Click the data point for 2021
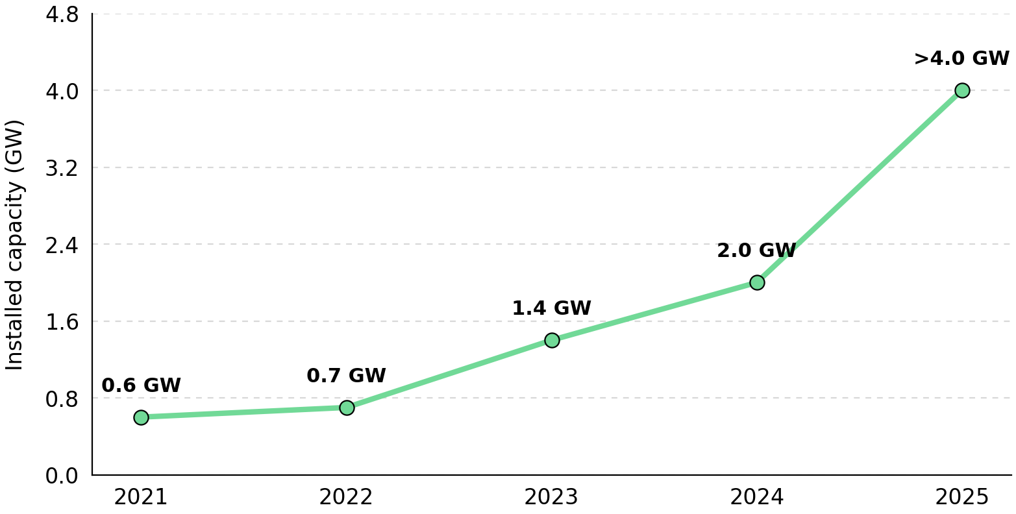pyautogui.click(x=141, y=417)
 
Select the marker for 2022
pyautogui.click(x=347, y=408)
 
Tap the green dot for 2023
pyautogui.click(x=552, y=341)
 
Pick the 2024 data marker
pyautogui.click(x=757, y=283)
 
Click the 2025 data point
pyautogui.click(x=963, y=91)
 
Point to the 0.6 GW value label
pyautogui.click(x=141, y=385)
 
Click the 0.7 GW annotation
pyautogui.click(x=347, y=376)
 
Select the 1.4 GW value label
pyautogui.click(x=552, y=308)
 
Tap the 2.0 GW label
pyautogui.click(x=756, y=251)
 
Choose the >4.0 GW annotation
pyautogui.click(x=961, y=59)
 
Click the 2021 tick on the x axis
pyautogui.click(x=141, y=497)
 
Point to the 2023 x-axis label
pyautogui.click(x=552, y=497)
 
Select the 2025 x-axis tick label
pyautogui.click(x=962, y=497)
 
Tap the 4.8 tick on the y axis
pyautogui.click(x=62, y=15)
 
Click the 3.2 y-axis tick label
pyautogui.click(x=62, y=169)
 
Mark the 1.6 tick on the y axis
pyautogui.click(x=62, y=323)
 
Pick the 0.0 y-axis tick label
pyautogui.click(x=62, y=476)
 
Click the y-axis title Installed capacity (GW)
pyautogui.click(x=14, y=245)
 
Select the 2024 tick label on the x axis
pyautogui.click(x=756, y=497)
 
